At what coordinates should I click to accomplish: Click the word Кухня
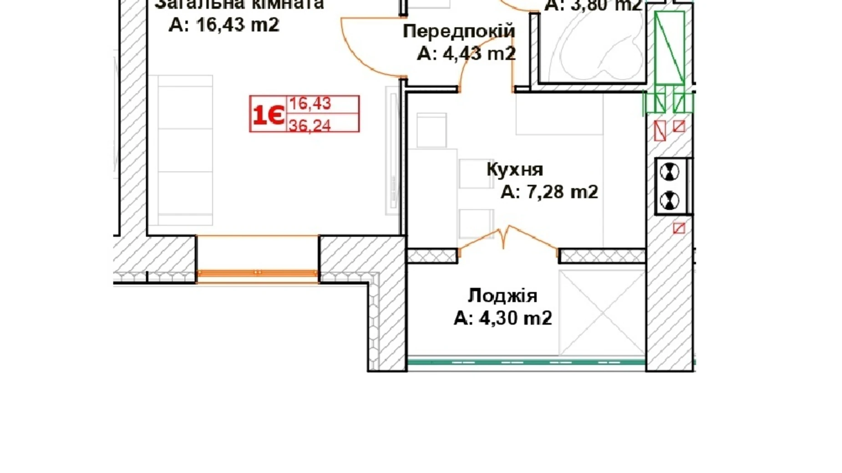[x=515, y=169]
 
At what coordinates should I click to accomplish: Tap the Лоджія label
[x=502, y=296]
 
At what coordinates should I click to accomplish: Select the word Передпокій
[x=459, y=31]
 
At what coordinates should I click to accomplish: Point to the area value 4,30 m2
[x=516, y=318]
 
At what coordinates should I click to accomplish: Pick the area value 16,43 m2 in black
[x=238, y=25]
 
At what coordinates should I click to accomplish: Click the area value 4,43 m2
[x=479, y=54]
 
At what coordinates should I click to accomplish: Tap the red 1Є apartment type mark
[x=268, y=114]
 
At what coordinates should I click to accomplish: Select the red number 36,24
[x=309, y=125]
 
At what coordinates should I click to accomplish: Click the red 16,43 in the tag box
[x=310, y=104]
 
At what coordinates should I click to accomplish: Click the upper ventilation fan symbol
[x=669, y=172]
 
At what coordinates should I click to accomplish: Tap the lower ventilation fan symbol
[x=669, y=200]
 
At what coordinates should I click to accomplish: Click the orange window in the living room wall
[x=257, y=273]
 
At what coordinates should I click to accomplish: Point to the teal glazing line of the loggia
[x=526, y=362]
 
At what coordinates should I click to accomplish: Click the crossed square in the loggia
[x=602, y=312]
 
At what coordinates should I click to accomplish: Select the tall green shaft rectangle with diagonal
[x=670, y=48]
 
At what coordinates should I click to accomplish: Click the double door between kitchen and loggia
[x=508, y=239]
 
